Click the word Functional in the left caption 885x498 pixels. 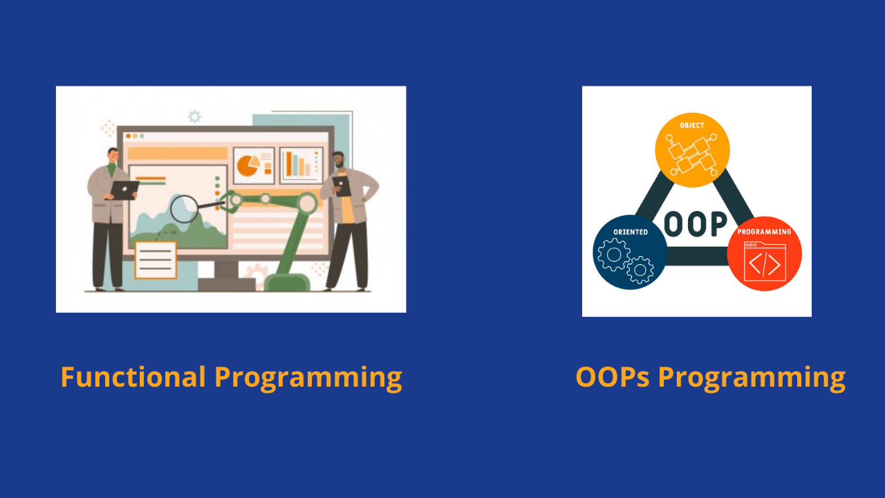[133, 378]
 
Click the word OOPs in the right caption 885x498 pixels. [612, 378]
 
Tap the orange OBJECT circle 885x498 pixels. [692, 150]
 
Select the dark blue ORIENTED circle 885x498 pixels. [630, 252]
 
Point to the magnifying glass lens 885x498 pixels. [184, 209]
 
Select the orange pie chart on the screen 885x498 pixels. [248, 165]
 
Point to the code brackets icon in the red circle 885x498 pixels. [765, 264]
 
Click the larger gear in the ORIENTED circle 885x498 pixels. [613, 254]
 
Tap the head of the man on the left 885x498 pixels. [113, 155]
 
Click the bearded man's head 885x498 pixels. [338, 160]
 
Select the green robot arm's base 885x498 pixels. [287, 282]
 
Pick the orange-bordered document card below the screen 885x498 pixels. [156, 259]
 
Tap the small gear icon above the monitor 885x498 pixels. [194, 117]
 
